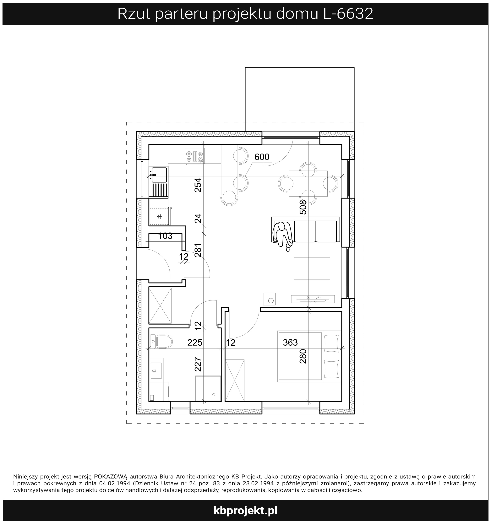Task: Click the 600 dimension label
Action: [262, 157]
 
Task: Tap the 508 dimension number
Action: [303, 207]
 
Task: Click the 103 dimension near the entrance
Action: [165, 236]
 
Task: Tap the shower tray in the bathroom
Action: [208, 389]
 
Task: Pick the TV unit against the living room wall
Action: [313, 299]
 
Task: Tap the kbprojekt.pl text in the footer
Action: [245, 510]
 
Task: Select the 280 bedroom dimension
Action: [303, 356]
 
